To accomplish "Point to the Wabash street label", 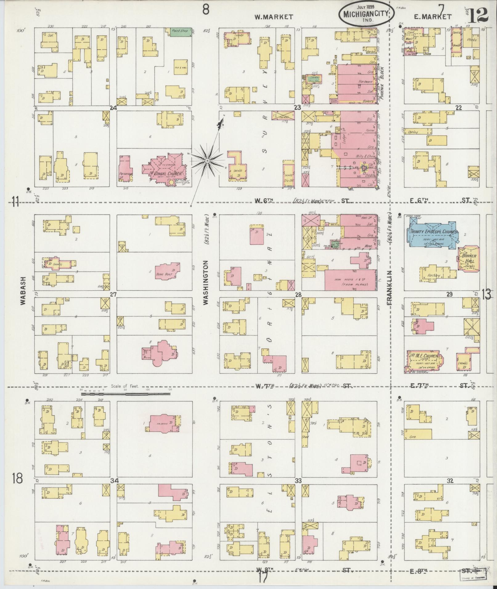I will [x=23, y=290].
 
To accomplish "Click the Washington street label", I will [x=206, y=282].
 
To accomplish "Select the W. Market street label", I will [x=273, y=17].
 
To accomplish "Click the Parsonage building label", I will [x=126, y=173].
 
